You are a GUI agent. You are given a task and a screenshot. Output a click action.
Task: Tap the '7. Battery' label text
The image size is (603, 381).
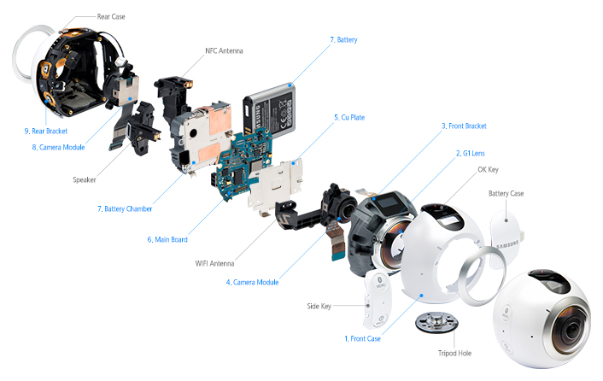pos(342,40)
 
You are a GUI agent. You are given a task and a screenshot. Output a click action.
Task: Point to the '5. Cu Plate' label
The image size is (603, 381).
pos(348,117)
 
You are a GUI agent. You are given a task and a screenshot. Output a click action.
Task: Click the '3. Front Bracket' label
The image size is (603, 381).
pos(464,126)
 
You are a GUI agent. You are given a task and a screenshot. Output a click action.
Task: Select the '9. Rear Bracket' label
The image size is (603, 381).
pos(46,131)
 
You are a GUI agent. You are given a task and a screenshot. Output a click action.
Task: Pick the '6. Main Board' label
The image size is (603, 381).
pos(167,239)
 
